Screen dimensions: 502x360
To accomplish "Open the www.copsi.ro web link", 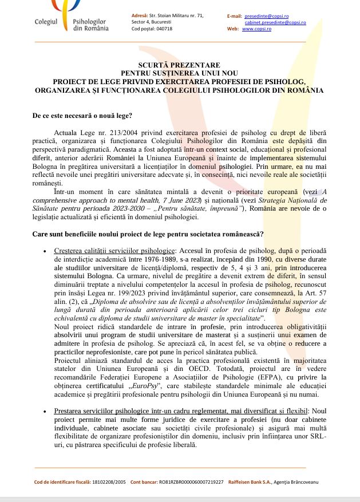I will (256, 29).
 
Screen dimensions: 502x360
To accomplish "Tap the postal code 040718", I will (164, 29).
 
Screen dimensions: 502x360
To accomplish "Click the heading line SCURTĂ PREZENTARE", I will (179, 66).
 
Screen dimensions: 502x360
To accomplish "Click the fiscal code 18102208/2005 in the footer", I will (108, 482).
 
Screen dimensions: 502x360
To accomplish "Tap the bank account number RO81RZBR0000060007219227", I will (191, 482).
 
